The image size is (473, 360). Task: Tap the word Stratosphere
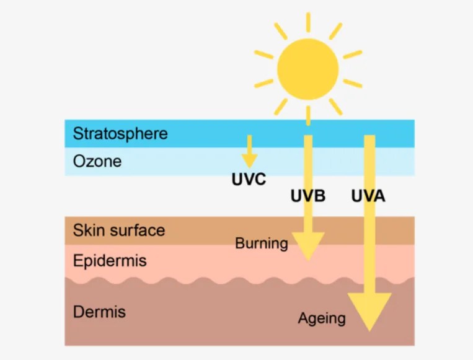pos(120,133)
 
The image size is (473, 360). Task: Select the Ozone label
pos(97,161)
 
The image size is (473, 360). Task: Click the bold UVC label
pos(249,180)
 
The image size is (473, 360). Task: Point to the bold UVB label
pos(308,196)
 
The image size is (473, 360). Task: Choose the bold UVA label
pos(368,196)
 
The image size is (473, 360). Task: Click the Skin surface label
pos(119,230)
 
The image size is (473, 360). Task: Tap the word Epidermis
pos(110,260)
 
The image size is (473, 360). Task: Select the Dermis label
pos(99,311)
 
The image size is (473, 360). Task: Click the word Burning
pos(262,244)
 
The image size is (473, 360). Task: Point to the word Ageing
pos(322,318)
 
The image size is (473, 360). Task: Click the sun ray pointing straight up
pos(308,22)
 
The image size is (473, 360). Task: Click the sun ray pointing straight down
pos(308,115)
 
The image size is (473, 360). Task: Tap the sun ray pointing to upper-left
pos(280,31)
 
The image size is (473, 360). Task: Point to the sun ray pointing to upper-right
pos(335,31)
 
